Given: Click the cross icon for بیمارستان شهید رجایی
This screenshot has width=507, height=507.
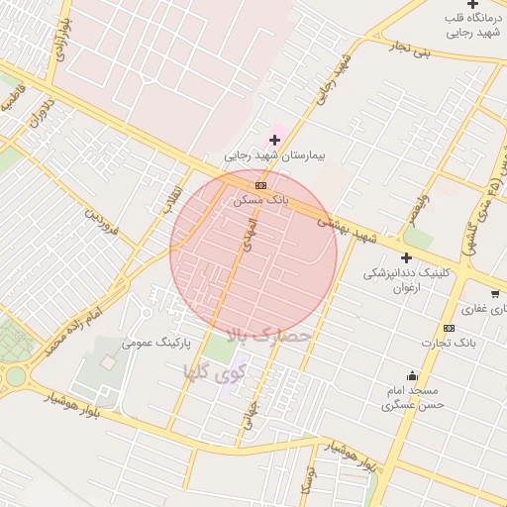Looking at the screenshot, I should (275, 140).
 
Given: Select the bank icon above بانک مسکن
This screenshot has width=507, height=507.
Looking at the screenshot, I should (260, 185).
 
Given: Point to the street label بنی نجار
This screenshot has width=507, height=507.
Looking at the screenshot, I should (410, 49).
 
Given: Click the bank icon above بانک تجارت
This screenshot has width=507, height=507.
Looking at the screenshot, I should (449, 328).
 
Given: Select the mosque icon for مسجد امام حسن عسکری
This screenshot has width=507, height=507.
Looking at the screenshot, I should (413, 375).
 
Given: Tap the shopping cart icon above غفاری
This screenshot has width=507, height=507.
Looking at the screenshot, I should (496, 294).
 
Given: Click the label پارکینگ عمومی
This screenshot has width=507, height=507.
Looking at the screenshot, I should (155, 343).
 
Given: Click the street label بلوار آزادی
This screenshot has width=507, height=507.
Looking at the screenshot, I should (63, 40).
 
